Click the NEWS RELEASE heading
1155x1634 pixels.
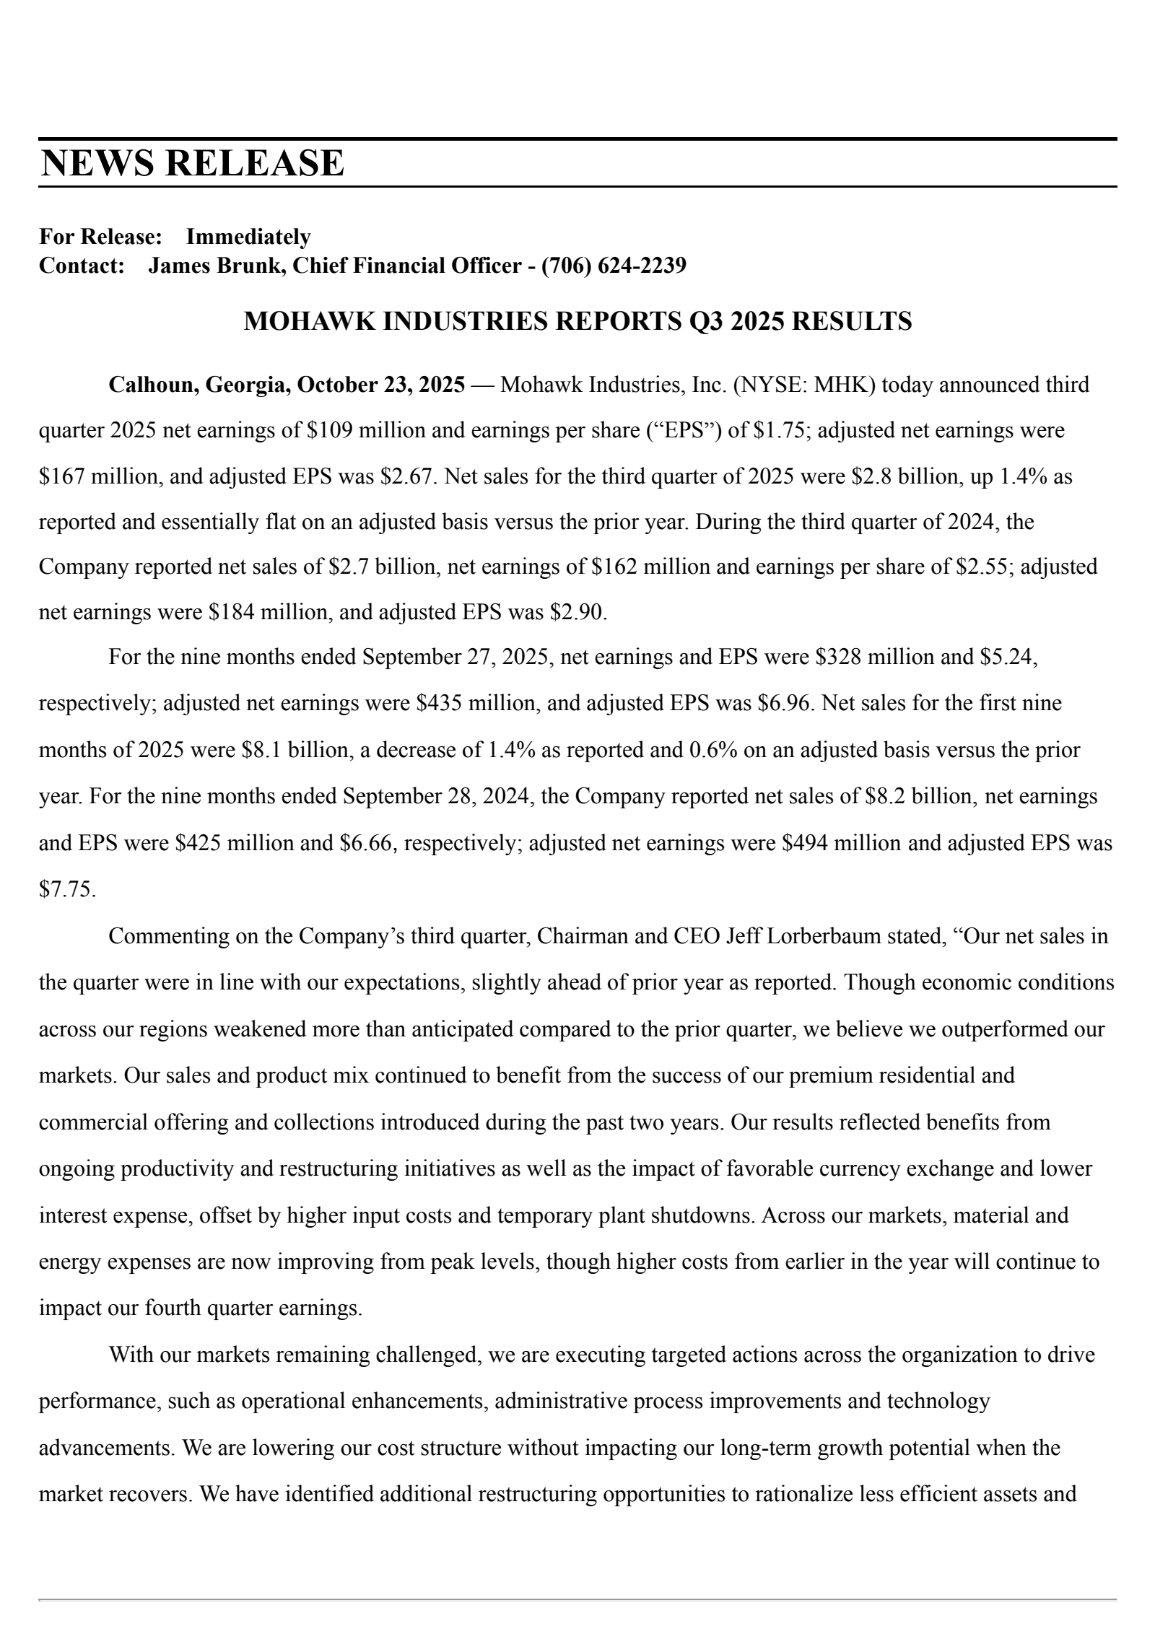pyautogui.click(x=192, y=162)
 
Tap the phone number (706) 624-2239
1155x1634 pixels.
pyautogui.click(x=614, y=266)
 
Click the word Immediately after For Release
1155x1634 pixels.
pyautogui.click(x=248, y=237)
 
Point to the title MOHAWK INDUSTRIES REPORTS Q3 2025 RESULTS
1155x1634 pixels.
pyautogui.click(x=577, y=321)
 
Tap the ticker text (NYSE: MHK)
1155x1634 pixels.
pyautogui.click(x=804, y=385)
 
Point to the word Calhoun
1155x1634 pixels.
pyautogui.click(x=153, y=385)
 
